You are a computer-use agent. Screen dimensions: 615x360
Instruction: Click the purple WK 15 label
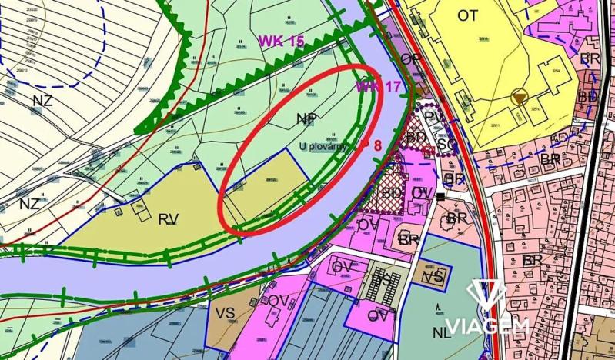click(x=282, y=42)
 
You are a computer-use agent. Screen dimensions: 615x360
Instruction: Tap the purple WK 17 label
click(x=378, y=86)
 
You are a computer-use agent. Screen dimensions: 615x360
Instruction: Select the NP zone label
click(x=306, y=118)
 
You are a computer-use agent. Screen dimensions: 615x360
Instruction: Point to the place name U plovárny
click(x=323, y=146)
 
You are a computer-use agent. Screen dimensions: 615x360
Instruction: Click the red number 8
click(x=377, y=144)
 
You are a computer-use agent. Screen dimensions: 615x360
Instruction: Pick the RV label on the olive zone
click(x=168, y=220)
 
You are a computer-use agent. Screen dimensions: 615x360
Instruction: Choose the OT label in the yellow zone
click(x=467, y=15)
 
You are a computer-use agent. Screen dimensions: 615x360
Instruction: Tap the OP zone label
click(x=411, y=59)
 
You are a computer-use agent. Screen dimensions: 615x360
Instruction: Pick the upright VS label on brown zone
click(x=225, y=315)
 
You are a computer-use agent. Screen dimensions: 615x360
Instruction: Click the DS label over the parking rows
click(x=383, y=282)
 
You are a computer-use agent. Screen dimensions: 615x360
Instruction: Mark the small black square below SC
click(x=440, y=197)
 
